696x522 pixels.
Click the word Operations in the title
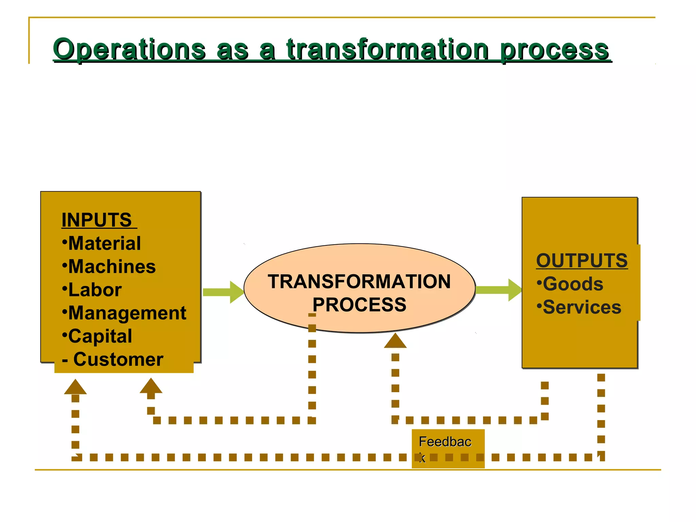[x=129, y=50]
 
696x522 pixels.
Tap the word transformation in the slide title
[x=387, y=50]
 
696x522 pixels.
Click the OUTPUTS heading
[x=582, y=261]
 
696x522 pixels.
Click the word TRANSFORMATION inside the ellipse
[x=359, y=282]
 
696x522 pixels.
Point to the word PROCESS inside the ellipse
[x=359, y=304]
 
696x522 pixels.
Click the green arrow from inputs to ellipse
[x=223, y=292]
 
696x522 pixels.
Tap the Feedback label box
[x=448, y=448]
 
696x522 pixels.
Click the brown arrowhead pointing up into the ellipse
[x=395, y=341]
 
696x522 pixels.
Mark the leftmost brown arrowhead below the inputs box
[x=75, y=387]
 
